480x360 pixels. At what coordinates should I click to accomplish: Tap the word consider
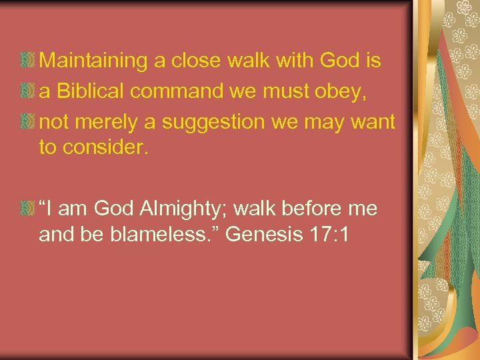point(103,147)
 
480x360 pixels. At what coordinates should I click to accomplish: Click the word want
point(376,123)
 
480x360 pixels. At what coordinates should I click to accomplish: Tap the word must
point(288,92)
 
